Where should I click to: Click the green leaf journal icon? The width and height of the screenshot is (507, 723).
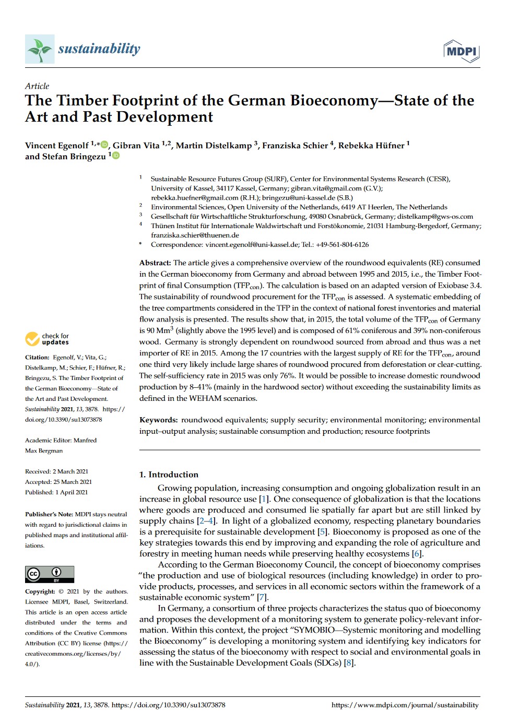[x=40, y=49]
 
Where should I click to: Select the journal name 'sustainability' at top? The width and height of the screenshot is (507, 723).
[x=99, y=49]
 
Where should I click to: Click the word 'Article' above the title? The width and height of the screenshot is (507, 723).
[x=37, y=86]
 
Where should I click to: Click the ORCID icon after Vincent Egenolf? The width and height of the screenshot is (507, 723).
[x=104, y=145]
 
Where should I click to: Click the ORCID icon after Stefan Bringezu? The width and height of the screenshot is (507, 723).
[x=116, y=156]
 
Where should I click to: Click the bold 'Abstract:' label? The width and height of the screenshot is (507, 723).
[x=155, y=263]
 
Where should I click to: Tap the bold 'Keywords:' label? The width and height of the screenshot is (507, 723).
[x=158, y=420]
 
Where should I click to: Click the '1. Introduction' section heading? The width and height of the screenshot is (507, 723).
[x=169, y=475]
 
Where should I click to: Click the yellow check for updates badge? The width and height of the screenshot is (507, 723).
[x=47, y=339]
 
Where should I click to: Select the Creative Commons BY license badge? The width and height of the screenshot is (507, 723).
[x=50, y=574]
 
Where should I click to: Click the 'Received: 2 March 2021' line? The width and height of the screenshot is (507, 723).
[x=56, y=471]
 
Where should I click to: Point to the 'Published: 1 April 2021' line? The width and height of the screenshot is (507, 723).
[x=56, y=492]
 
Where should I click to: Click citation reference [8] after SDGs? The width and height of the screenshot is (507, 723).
[x=349, y=663]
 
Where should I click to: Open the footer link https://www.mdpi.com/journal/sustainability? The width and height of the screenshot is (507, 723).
[x=405, y=705]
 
